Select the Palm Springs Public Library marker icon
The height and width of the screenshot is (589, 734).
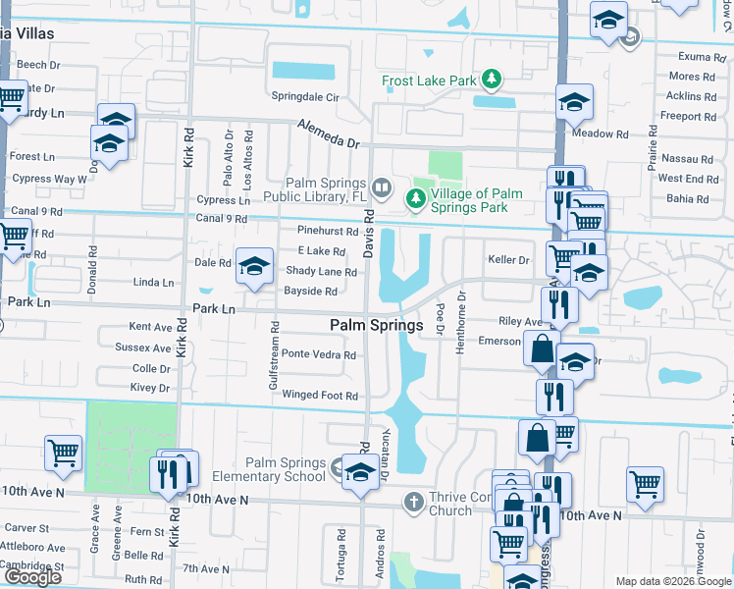381,186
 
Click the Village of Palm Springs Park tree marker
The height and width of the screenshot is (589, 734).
416,199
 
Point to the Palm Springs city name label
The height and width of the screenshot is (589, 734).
376,325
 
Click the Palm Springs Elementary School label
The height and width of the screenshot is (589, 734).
286,470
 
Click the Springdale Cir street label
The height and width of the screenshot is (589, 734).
305,98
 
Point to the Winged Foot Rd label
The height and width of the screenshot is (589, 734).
320,396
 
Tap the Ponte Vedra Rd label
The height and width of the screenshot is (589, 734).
319,354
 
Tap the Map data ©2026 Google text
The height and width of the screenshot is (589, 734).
672,581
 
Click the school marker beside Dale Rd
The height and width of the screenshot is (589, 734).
255,267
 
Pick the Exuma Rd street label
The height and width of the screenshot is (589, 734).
693,57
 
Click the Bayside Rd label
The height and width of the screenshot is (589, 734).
310,292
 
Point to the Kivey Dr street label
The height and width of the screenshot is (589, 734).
150,389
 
